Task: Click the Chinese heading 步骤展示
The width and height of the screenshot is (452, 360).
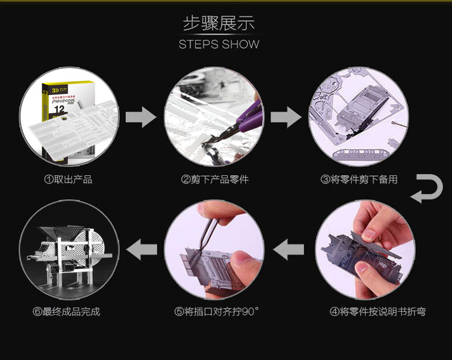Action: click(x=219, y=23)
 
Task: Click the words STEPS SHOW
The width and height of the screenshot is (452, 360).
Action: click(x=219, y=45)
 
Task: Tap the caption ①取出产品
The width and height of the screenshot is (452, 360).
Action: click(x=68, y=179)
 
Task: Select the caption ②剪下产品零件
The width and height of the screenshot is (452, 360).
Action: click(x=215, y=179)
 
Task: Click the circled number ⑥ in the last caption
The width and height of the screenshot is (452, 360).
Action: click(x=37, y=312)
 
